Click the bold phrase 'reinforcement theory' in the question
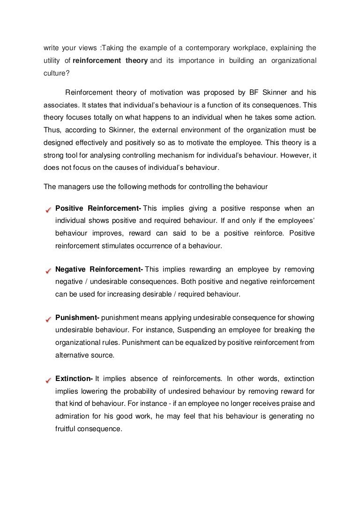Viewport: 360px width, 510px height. [110, 61]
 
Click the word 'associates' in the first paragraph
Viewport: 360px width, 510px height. [61, 106]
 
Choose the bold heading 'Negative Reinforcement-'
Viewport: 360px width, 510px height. [99, 269]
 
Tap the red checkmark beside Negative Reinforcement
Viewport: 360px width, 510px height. [47, 270]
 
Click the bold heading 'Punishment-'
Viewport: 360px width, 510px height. [77, 317]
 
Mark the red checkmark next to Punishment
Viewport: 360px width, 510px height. [47, 319]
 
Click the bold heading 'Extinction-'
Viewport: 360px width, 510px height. [74, 378]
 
